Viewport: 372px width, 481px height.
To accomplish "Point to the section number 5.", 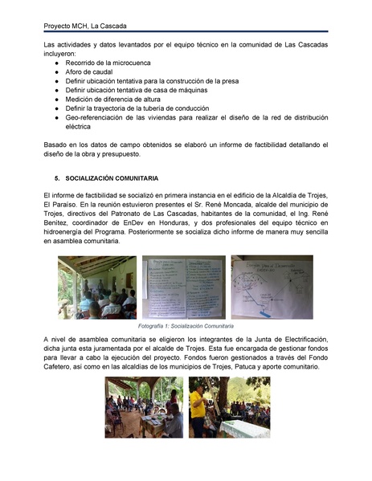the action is (56, 177).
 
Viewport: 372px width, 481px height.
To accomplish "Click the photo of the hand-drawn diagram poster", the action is (272, 287).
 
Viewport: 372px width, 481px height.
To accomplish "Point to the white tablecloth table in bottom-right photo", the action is (246, 429).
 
